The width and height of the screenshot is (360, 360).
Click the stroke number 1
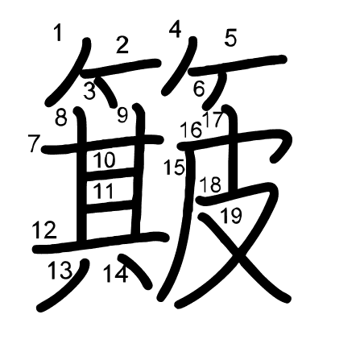[x=57, y=33]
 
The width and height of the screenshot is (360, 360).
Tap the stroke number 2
[x=122, y=45]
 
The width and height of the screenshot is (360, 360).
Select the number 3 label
[x=89, y=91]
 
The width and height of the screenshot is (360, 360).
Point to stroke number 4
[x=176, y=30]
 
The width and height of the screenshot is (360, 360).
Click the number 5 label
[x=231, y=37]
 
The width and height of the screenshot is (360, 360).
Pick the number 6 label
[x=199, y=89]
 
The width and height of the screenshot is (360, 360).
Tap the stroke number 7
[x=34, y=145]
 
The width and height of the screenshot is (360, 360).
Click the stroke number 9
[x=122, y=115]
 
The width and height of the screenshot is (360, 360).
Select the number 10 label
[x=104, y=160]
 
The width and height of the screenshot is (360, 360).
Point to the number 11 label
[x=103, y=192]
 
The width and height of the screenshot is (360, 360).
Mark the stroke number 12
[x=44, y=231]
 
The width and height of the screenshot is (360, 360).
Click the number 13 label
[x=60, y=271]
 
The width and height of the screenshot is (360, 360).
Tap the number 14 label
[x=115, y=274]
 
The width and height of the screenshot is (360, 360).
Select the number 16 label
[x=190, y=129]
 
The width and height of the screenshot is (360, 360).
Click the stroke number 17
[x=213, y=121]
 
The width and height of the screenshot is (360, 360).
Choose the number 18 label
[x=210, y=184]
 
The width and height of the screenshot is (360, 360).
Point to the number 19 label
[x=230, y=215]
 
